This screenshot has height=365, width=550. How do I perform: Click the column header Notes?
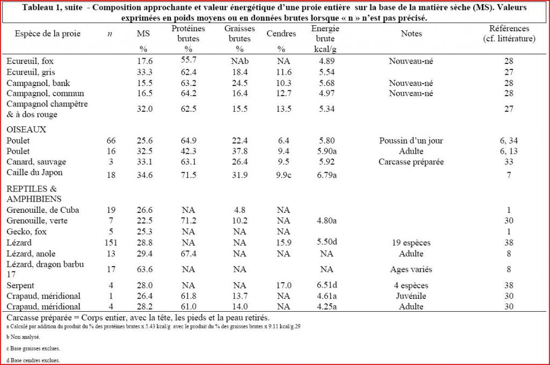pos(411,34)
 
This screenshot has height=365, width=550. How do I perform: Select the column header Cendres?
pos(281,34)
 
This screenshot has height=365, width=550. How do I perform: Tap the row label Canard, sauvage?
pos(36,162)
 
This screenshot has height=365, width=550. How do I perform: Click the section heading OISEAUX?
pos(26,130)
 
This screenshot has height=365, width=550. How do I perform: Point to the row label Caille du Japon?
pos(34,173)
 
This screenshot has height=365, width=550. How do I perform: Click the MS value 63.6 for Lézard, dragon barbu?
pos(144,269)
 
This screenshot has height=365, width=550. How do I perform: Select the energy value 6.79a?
pos(327,175)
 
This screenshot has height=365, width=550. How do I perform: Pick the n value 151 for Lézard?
pos(111,243)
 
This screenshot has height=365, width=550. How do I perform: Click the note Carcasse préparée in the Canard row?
pos(411,162)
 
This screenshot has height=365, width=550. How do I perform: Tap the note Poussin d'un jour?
pos(411,141)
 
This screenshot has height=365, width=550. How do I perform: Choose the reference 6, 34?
pos(509,141)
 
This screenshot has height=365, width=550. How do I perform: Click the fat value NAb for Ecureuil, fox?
pos(240,61)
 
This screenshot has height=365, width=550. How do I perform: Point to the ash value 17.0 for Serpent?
pos(284,285)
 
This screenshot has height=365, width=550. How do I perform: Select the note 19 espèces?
pos(411,243)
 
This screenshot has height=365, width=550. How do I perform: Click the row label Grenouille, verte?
pos(37,221)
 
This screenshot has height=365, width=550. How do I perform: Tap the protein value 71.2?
pos(189,221)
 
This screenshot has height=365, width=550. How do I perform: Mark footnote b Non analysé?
pos(23,337)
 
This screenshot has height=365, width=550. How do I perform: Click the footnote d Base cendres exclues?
pos(33,360)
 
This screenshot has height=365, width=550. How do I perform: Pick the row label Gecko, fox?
pos(26,232)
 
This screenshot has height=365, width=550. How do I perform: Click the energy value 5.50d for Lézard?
pos(327,242)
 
